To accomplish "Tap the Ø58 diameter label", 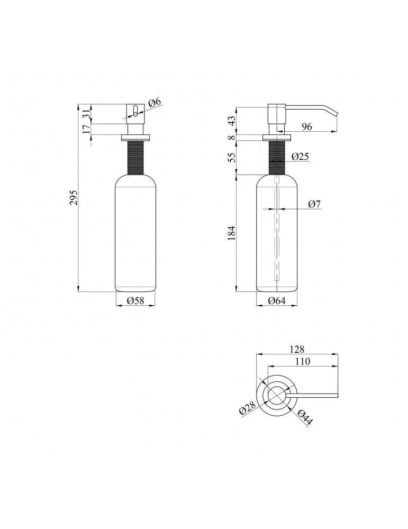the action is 135,300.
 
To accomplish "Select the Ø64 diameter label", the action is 277,300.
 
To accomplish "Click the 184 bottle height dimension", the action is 231,233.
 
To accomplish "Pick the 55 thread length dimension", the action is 231,158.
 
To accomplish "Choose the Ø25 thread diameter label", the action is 301,156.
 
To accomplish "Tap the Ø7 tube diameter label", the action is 314,204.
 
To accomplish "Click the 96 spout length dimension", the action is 307,126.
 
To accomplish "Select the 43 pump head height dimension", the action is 231,121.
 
